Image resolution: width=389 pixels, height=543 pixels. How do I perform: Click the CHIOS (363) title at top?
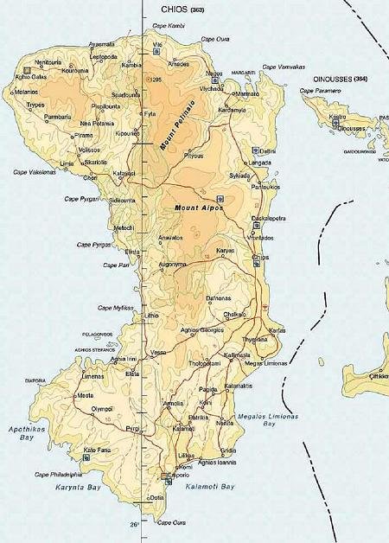(x=184, y=8)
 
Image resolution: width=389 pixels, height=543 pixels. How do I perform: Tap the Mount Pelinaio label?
(x=176, y=125)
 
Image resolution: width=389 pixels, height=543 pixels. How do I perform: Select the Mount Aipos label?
(x=193, y=208)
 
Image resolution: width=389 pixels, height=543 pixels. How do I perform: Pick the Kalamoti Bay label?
(x=210, y=488)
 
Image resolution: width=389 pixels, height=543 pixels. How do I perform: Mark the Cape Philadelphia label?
(x=58, y=474)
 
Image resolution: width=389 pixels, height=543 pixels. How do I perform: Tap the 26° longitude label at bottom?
(x=135, y=524)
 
